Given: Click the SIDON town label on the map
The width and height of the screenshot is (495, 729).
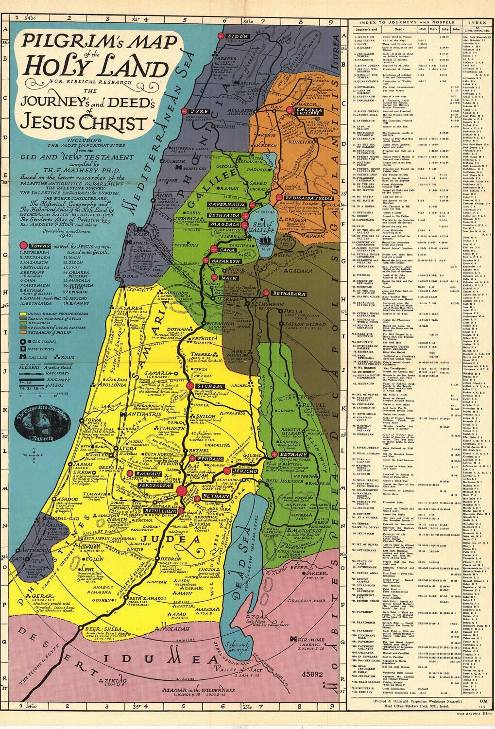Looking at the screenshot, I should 238,36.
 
